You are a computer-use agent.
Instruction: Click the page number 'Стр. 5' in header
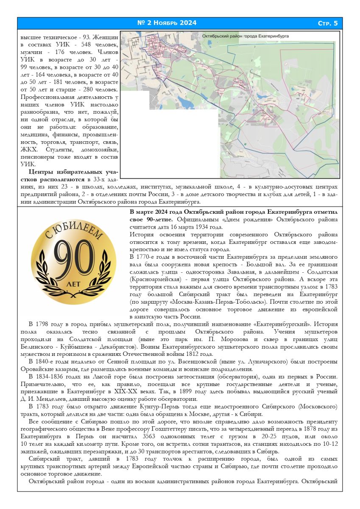click(327, 23)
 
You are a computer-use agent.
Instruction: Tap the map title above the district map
click(246, 36)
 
